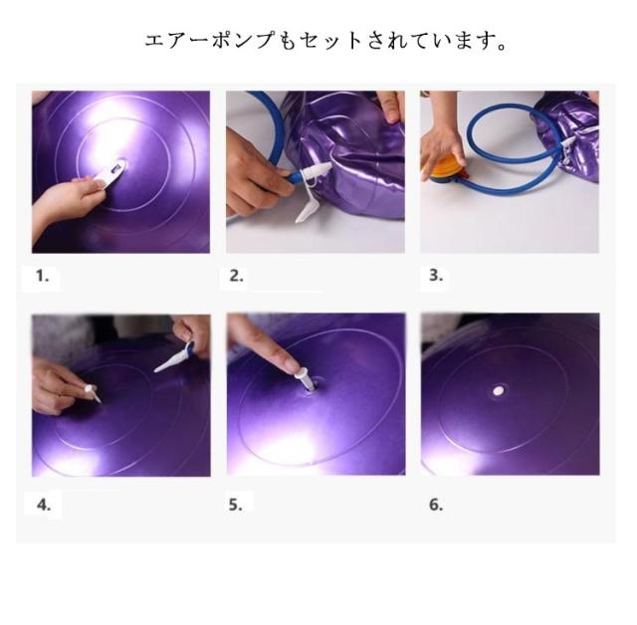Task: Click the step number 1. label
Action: tap(42, 276)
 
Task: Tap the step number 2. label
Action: tap(237, 276)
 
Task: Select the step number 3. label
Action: tap(436, 276)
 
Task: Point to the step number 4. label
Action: tap(44, 505)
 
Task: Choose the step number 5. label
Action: tap(235, 505)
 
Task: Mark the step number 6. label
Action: tap(436, 505)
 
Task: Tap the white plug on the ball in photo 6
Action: tap(498, 391)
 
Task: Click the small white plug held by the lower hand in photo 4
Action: tap(92, 392)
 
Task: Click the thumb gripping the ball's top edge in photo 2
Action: tap(390, 107)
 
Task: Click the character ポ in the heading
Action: tap(223, 40)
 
